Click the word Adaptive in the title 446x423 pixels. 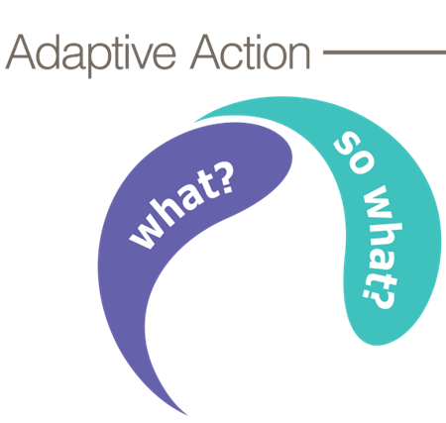(91, 54)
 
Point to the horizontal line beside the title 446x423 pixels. (385, 53)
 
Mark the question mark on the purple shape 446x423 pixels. (223, 176)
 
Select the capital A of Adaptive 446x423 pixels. (21, 52)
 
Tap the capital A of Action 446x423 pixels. (205, 52)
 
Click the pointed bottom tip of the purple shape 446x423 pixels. (187, 415)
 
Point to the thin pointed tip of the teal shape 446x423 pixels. (195, 121)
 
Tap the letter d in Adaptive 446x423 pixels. (50, 53)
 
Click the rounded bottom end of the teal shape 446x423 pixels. (377, 343)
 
